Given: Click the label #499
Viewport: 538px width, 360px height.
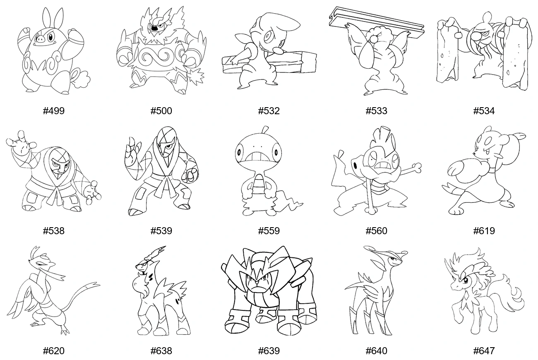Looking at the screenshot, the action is click(53, 111).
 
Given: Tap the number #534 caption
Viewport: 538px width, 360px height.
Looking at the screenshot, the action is click(484, 111).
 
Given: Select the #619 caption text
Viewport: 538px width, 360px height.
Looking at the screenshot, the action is click(484, 231).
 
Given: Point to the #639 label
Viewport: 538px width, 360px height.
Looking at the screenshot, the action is click(269, 351).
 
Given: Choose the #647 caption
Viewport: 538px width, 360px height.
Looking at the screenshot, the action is click(484, 351).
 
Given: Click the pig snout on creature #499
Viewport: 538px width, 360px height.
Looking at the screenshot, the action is click(40, 38).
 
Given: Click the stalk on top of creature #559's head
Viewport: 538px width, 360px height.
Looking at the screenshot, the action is click(265, 130).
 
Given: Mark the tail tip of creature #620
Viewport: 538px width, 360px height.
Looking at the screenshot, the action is click(98, 285).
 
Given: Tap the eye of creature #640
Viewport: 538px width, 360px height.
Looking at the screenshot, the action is click(393, 259).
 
